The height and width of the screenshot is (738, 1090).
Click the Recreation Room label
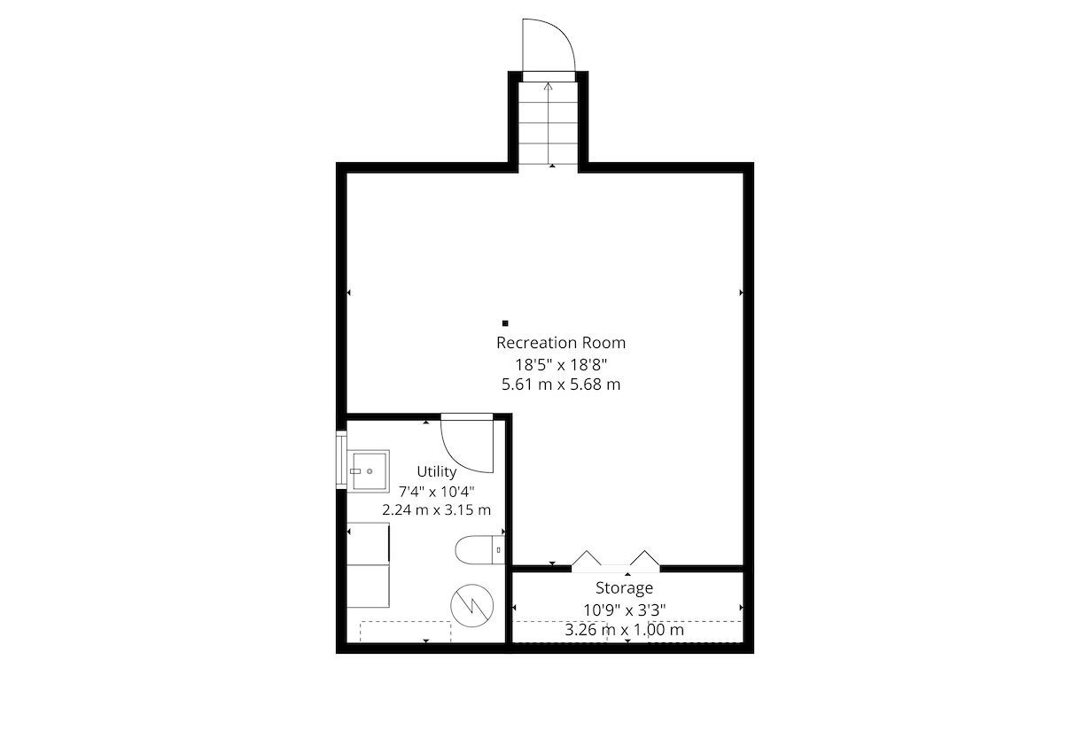click(x=561, y=343)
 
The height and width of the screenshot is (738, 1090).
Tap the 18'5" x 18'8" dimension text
click(x=561, y=364)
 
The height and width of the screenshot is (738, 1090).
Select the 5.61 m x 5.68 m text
click(x=561, y=385)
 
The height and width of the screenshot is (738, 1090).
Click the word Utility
click(x=437, y=471)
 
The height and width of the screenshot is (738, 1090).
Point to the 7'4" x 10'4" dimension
click(x=437, y=492)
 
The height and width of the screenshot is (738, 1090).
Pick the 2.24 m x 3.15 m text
click(x=437, y=509)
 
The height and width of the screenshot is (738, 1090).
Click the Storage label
click(x=625, y=588)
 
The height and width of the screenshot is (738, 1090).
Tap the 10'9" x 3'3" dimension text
click(x=625, y=610)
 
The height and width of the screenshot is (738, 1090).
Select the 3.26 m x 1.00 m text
click(x=625, y=630)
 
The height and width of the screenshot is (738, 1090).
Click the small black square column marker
click(x=505, y=323)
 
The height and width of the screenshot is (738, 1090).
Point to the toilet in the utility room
click(x=480, y=549)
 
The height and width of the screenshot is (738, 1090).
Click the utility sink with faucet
click(x=368, y=471)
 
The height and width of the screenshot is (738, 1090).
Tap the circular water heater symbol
click(x=472, y=605)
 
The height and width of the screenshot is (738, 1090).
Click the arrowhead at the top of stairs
click(x=549, y=87)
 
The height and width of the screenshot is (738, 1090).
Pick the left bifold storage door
click(x=587, y=557)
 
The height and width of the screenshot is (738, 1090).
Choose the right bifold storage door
click(x=645, y=557)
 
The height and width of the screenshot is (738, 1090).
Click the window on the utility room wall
click(x=341, y=460)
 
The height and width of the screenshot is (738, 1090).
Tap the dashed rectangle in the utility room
click(x=405, y=632)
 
